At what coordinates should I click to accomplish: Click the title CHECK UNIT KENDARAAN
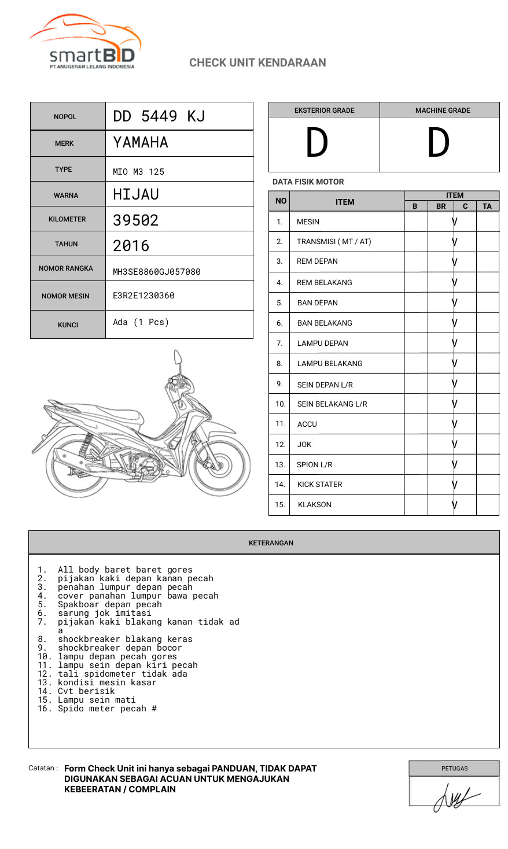(x=257, y=62)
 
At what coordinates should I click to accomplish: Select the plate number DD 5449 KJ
(x=159, y=116)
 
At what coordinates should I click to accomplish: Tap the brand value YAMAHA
(x=141, y=142)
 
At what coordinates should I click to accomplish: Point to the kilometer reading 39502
(x=135, y=220)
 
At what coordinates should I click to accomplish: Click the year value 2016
(x=131, y=246)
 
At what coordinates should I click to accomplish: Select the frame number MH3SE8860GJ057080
(x=157, y=272)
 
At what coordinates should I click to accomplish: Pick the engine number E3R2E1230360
(x=143, y=296)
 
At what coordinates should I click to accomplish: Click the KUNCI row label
(x=68, y=325)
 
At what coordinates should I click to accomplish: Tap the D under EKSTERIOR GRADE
(x=317, y=143)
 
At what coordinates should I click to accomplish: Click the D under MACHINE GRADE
(x=438, y=143)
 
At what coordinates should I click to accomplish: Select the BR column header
(x=441, y=206)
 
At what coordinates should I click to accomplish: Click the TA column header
(x=487, y=206)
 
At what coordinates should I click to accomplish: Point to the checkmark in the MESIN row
(x=455, y=222)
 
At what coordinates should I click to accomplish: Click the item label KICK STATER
(x=319, y=485)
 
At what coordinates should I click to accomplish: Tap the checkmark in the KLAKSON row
(x=455, y=505)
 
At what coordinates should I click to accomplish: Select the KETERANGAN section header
(x=271, y=543)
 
